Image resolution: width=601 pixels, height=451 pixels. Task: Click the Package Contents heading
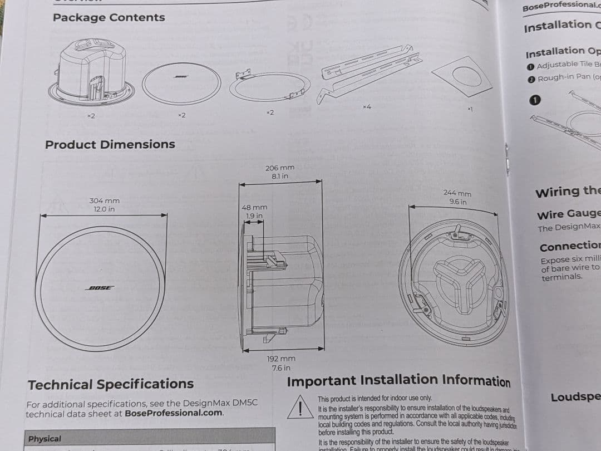[x=109, y=17]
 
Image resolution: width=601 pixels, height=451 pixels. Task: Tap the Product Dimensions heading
[x=110, y=145]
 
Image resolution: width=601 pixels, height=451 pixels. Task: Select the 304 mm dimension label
[x=104, y=201]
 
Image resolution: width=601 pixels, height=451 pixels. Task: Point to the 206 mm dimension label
[x=280, y=168]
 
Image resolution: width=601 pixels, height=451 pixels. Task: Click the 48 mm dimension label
[x=254, y=207]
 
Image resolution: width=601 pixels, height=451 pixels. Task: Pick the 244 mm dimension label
[x=457, y=193]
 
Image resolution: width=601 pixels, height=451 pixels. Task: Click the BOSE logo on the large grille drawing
[x=100, y=288]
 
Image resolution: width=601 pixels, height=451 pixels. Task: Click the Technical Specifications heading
[x=111, y=384]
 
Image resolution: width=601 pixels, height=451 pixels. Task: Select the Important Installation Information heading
[x=398, y=381]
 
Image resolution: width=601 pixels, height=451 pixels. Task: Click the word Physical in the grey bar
[x=45, y=439]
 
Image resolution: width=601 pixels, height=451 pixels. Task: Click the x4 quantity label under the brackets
[x=366, y=106]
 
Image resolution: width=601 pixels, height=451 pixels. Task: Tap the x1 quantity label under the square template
[x=470, y=109]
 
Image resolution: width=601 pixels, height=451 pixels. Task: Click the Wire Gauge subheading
[x=568, y=214]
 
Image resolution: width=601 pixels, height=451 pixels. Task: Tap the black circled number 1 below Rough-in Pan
[x=535, y=100]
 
